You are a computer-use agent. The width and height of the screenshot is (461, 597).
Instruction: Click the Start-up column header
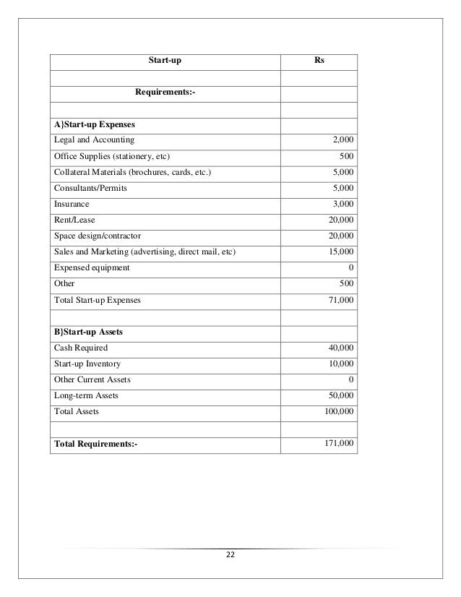165,61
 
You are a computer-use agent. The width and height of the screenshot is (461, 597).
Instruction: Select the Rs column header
319,61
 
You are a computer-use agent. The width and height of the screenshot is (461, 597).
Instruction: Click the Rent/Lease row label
74,220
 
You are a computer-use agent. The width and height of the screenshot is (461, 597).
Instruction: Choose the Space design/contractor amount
340,236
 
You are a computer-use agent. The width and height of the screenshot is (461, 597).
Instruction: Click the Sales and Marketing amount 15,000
340,252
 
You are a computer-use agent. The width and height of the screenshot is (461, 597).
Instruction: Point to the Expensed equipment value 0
350,267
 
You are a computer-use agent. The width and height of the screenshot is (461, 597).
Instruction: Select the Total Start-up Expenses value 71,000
340,298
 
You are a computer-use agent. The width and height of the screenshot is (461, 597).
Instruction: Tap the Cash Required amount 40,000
340,348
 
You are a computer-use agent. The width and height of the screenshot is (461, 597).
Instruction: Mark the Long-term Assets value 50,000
340,395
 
